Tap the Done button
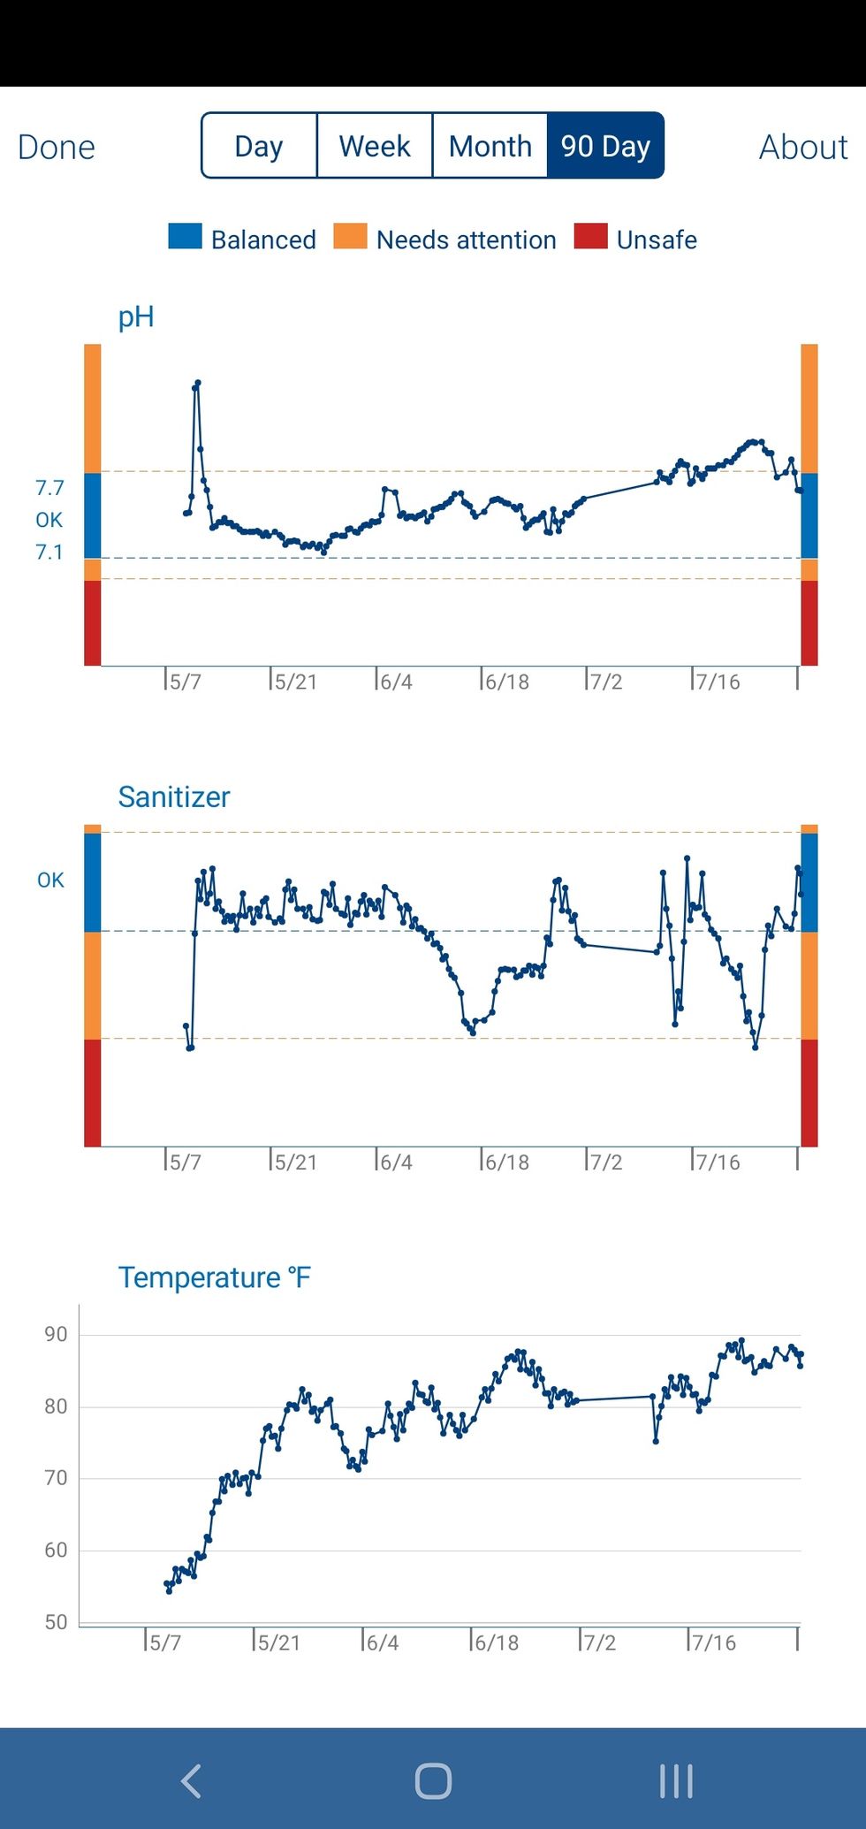57,147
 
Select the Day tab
259,146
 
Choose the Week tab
375,146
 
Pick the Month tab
490,146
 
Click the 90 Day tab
605,146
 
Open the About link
803,147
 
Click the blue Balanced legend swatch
185,237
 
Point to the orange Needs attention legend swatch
350,237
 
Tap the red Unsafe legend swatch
590,237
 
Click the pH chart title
136,316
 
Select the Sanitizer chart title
174,796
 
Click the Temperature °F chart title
215,1277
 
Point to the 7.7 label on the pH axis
49,488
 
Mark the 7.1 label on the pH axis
49,553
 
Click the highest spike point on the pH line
198,383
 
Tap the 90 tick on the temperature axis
56,1335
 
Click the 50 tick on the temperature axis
56,1622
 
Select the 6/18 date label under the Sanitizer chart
506,1162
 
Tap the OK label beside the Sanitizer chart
50,880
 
